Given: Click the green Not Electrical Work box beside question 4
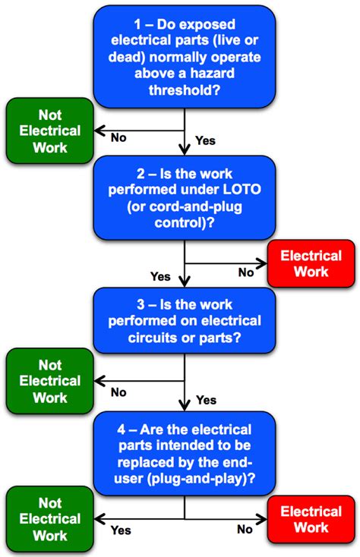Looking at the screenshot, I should click(45, 518).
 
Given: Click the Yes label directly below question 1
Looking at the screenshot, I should click(206, 140).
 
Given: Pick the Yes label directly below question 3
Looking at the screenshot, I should click(206, 399).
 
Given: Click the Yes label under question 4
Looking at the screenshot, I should click(121, 530).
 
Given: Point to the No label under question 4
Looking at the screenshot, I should click(245, 530).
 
